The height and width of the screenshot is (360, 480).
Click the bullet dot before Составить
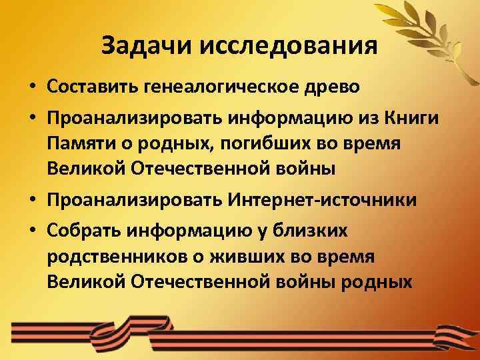pyautogui.click(x=32, y=87)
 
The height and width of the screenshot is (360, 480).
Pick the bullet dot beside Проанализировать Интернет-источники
pyautogui.click(x=32, y=200)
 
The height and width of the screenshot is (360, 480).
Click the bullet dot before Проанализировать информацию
pyautogui.click(x=32, y=119)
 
